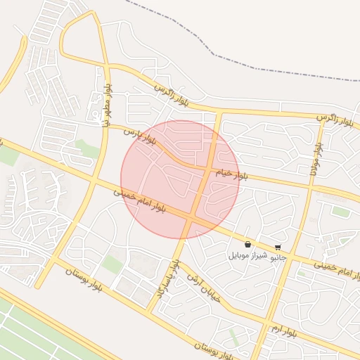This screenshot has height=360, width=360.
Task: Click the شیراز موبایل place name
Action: click(247, 256)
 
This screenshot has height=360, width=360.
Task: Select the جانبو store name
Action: click(278, 257)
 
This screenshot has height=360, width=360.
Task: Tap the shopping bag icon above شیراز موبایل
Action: click(247, 245)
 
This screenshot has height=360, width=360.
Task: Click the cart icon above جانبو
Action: click(278, 247)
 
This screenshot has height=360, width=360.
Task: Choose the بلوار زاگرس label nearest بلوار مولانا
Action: click(333, 119)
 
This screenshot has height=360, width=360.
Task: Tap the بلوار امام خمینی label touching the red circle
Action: click(140, 200)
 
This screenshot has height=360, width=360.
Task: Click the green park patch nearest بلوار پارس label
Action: click(86, 149)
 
